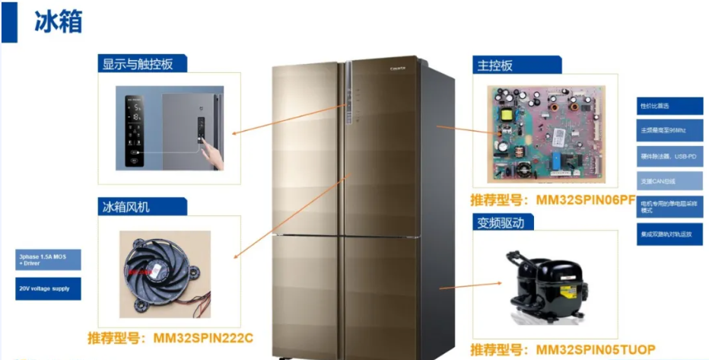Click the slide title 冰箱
(x=58, y=21)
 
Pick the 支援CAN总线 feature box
(x=669, y=181)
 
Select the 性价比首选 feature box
(x=669, y=106)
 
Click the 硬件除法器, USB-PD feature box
(x=669, y=155)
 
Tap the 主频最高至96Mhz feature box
(x=669, y=130)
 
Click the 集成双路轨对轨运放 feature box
(x=669, y=234)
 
